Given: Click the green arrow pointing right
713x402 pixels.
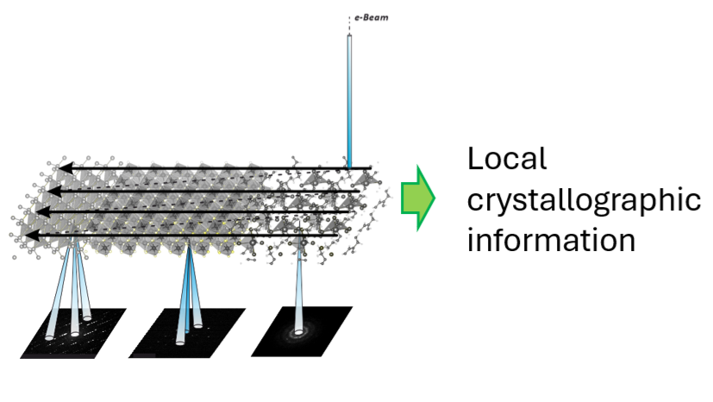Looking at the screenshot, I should (x=418, y=197).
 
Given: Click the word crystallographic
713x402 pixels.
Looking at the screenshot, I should (x=583, y=200).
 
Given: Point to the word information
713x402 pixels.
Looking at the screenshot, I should (x=551, y=239).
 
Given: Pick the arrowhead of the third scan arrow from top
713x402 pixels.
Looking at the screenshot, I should (x=44, y=211).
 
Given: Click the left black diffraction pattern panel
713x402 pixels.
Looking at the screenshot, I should (x=73, y=332).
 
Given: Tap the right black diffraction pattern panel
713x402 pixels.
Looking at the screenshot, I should (x=302, y=332).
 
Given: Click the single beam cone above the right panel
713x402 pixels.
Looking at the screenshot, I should (x=300, y=289).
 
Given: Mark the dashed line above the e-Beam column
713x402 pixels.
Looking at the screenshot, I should (x=350, y=27).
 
